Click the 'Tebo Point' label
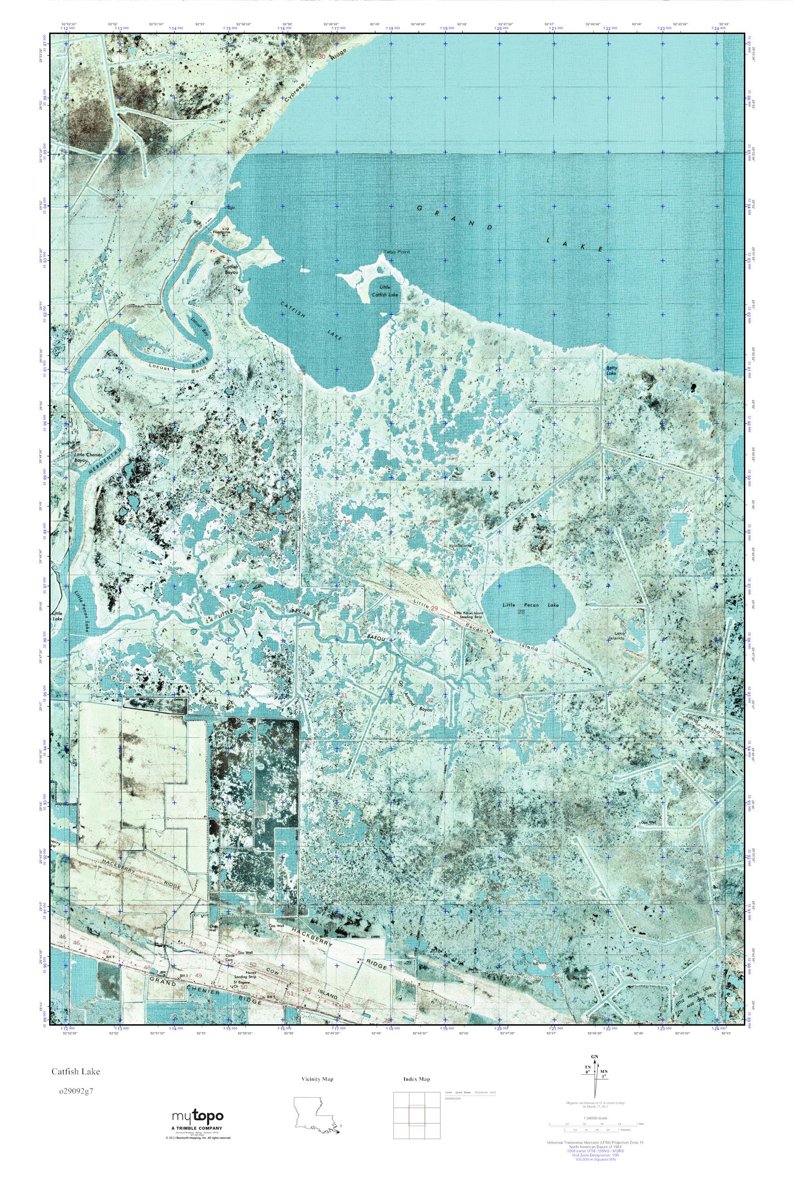(x=396, y=252)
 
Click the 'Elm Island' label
(x=460, y=546)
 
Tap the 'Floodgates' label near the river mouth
(x=222, y=233)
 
